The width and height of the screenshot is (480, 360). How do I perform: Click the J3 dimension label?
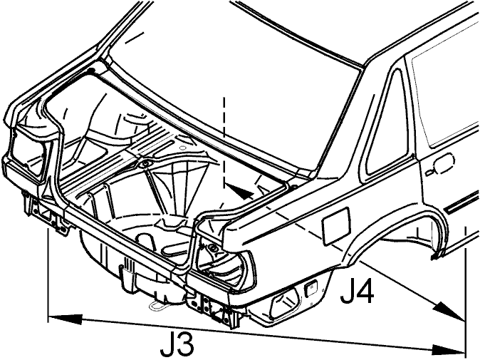[177, 344]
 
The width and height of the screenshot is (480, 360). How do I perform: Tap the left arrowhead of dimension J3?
[66, 318]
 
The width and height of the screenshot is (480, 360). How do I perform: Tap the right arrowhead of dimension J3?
[447, 349]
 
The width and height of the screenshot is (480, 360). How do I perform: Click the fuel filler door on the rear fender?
[336, 226]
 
